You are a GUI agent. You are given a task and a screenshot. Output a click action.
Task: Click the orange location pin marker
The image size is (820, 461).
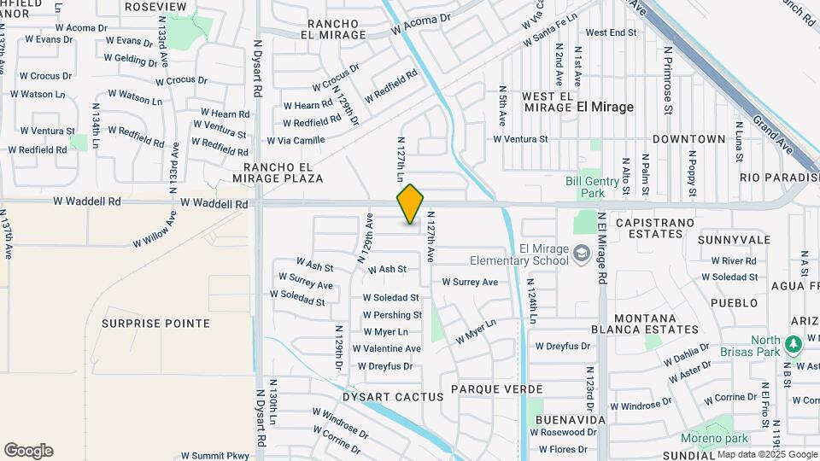tap(410, 204)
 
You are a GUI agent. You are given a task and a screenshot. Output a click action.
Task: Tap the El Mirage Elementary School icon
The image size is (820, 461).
tap(582, 254)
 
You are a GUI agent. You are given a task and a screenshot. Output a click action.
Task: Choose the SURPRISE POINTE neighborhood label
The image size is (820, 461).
tap(155, 324)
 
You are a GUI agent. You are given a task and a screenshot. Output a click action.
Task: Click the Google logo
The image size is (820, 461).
tap(28, 451)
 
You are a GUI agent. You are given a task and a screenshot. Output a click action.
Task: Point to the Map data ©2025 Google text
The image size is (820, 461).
tap(767, 454)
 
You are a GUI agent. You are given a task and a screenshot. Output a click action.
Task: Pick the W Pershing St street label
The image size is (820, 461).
tap(393, 315)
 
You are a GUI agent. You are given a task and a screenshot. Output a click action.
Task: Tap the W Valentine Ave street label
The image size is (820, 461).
tap(392, 348)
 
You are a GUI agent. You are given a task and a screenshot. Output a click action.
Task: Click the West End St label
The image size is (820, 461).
tap(612, 32)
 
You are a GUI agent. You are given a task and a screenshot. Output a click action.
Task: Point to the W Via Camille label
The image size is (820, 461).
tap(296, 140)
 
